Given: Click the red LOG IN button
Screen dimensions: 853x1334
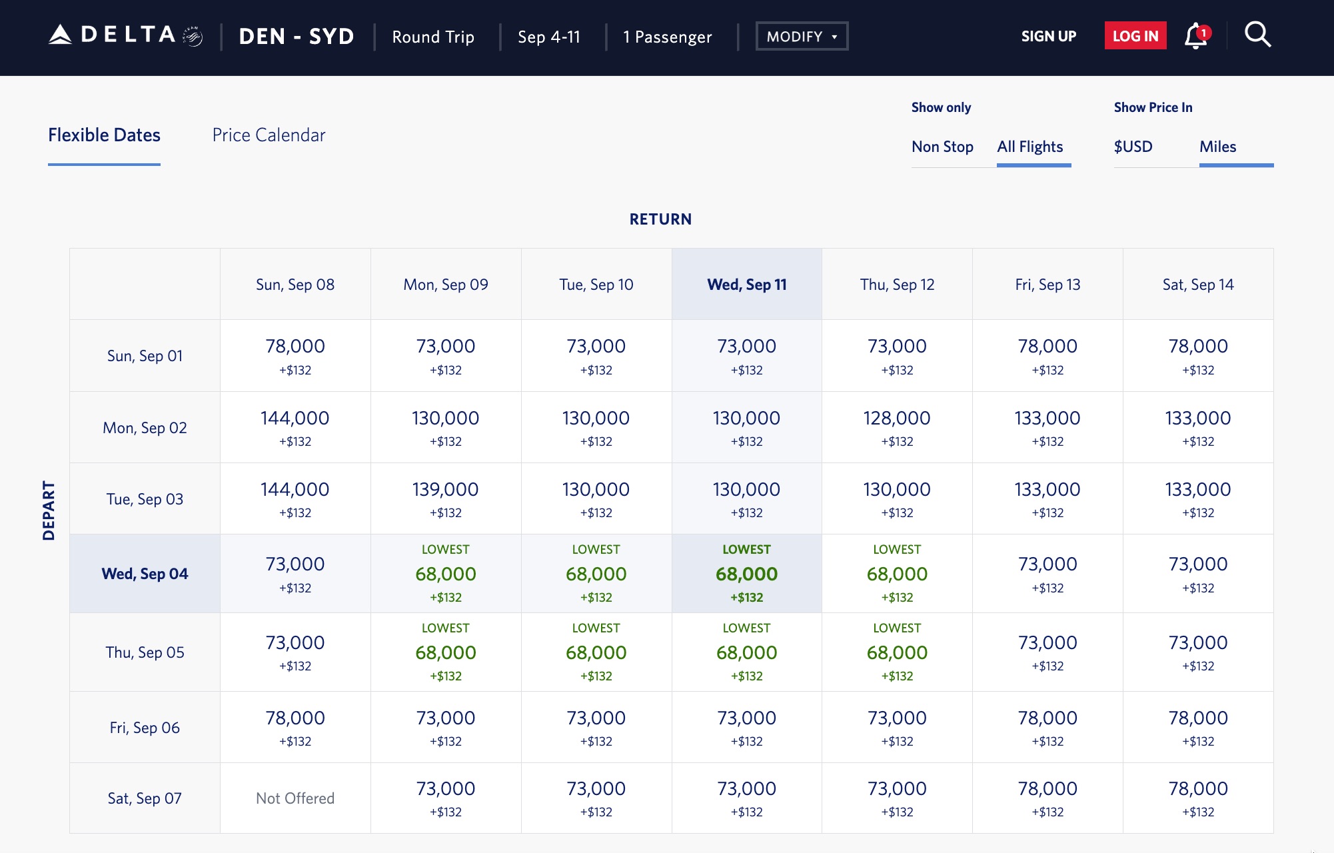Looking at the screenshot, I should coord(1135,36).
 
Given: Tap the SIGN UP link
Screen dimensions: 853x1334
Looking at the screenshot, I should coord(1048,36).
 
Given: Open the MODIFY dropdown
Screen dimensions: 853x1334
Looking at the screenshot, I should coord(801,36).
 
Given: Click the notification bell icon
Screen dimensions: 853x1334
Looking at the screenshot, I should coord(1196,36).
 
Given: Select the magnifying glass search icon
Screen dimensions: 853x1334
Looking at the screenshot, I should coord(1257,35).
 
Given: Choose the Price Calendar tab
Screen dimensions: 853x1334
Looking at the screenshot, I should coord(269,135).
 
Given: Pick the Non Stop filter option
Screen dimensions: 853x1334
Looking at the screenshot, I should coord(942,147).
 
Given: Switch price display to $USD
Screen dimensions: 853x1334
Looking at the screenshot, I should coord(1133,147).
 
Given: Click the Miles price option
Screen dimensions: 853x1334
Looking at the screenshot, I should coord(1217,147).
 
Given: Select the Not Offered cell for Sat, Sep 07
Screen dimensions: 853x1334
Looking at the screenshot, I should coord(295,798).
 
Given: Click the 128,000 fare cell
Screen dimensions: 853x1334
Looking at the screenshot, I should coord(897,427).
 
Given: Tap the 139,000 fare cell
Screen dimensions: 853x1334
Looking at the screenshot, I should coord(445,498).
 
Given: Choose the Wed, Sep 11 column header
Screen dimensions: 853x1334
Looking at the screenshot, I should coord(746,285).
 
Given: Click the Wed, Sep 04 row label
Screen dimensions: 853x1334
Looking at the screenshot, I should coord(145,574).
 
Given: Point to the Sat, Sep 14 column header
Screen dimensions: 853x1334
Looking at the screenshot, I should coord(1197,285).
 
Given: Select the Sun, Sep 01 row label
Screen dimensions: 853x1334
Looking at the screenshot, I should coord(145,356).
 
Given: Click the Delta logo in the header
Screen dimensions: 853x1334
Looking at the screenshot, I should coord(125,35).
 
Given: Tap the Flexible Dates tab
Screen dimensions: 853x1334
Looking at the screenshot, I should coord(104,135).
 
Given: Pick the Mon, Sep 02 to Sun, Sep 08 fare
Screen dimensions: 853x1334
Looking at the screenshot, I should coord(295,427).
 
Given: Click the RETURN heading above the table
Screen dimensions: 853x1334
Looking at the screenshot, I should coord(660,219).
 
